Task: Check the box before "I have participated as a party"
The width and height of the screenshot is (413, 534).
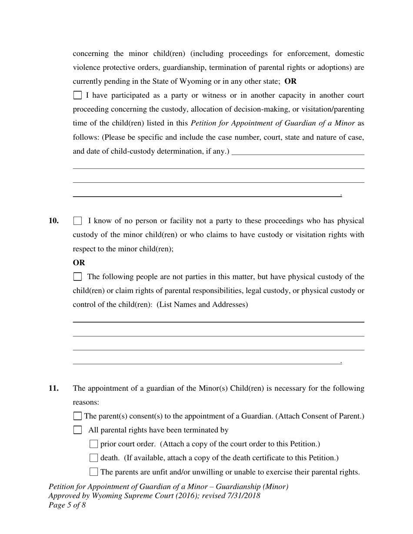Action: click(77, 95)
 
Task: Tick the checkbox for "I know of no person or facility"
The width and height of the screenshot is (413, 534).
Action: click(77, 221)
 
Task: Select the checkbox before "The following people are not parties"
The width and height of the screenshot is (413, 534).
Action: click(77, 277)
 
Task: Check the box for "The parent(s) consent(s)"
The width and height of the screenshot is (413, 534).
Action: click(77, 416)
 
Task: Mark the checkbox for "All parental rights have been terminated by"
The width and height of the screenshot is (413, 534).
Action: click(77, 430)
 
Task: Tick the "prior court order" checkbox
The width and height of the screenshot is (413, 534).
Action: click(93, 444)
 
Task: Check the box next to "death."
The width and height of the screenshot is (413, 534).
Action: click(93, 458)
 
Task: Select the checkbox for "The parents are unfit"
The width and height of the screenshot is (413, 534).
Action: click(93, 472)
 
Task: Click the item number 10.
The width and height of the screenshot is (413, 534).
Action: click(53, 221)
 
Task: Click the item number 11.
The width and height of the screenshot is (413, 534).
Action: click(53, 388)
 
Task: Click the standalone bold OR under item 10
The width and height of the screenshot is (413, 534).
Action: click(79, 263)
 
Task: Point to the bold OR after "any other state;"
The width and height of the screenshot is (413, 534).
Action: click(290, 81)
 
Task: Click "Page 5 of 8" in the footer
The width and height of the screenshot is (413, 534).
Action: click(67, 505)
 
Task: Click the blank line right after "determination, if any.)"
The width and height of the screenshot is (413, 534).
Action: click(298, 152)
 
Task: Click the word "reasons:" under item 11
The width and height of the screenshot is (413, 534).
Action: click(86, 402)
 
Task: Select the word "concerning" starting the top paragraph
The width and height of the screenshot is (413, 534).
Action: click(90, 53)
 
